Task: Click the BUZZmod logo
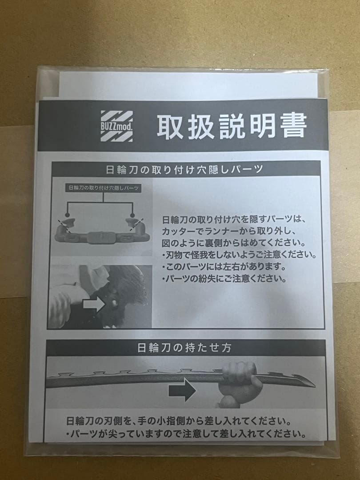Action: (x=116, y=126)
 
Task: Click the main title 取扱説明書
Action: (x=231, y=126)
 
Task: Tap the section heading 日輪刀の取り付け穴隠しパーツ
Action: (x=187, y=169)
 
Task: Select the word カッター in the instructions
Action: (x=178, y=232)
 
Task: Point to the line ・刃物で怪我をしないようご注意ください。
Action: (x=239, y=256)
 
